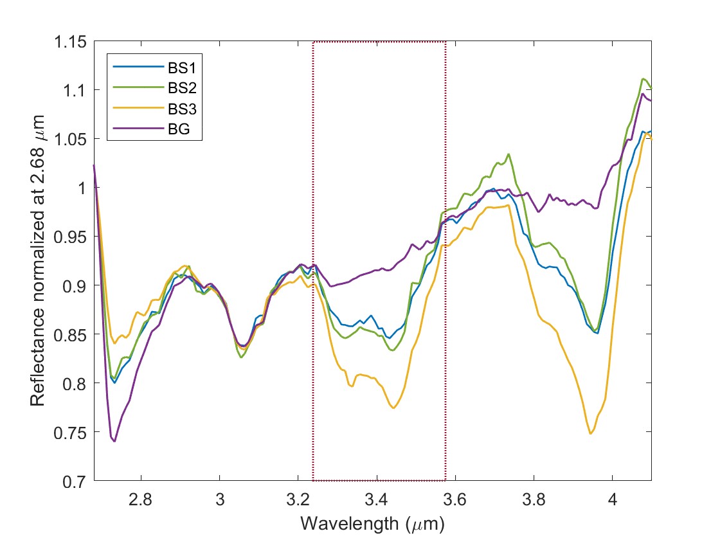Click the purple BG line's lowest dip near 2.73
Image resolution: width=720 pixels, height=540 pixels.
coord(114,442)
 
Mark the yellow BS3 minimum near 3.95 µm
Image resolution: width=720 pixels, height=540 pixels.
coord(591,434)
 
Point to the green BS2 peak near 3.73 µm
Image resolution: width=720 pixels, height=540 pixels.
coord(509,154)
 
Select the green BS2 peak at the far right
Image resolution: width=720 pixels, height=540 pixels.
coord(643,78)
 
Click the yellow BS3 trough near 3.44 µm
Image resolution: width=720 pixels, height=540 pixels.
coord(393,408)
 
